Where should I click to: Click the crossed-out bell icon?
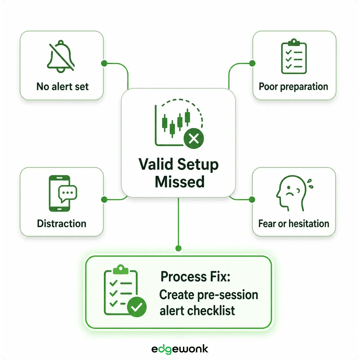pos(61,56)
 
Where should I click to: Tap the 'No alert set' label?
pos(62,86)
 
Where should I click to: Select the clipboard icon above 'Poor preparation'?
pos(294,57)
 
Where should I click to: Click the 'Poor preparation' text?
pos(293,86)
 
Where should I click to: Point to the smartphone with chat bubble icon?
pos(63,193)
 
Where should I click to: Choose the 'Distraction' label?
pos(61,224)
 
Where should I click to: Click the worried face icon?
pos(294,193)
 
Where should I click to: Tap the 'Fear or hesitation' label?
pos(293,224)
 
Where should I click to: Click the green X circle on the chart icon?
pos(194,139)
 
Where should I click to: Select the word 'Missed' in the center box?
pos(180,182)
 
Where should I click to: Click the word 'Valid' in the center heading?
pos(156,164)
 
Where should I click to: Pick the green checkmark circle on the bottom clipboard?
pos(137,307)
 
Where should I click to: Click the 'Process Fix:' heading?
pos(195,277)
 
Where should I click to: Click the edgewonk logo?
pos(180,349)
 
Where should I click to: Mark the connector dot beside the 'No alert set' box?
pos(104,63)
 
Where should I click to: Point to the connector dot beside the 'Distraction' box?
pos(104,200)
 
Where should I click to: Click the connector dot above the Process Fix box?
pos(179,248)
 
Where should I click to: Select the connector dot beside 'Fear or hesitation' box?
pos(252,200)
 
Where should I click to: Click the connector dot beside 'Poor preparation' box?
pos(252,63)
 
